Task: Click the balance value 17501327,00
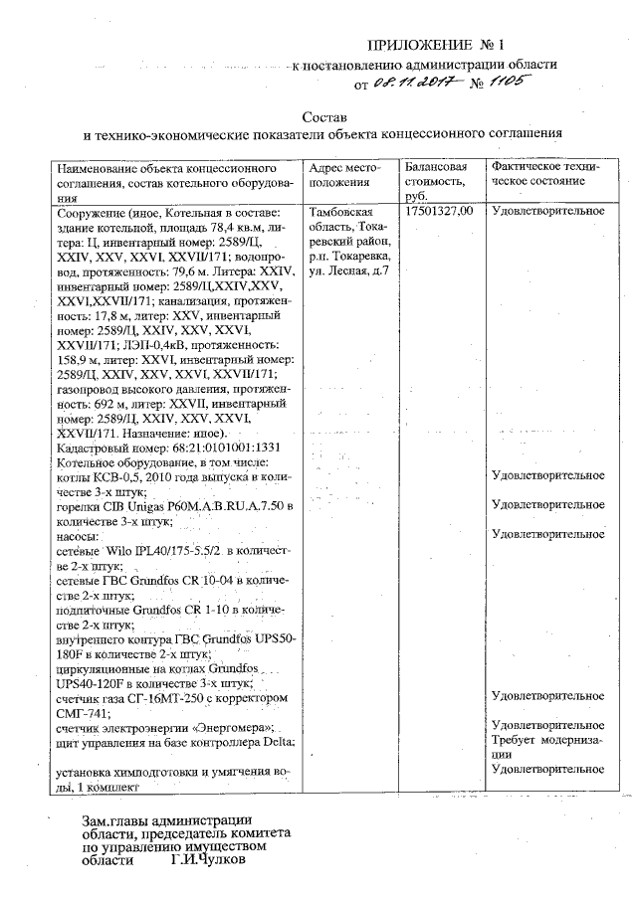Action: pos(439,211)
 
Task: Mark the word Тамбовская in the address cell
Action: pos(341,212)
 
